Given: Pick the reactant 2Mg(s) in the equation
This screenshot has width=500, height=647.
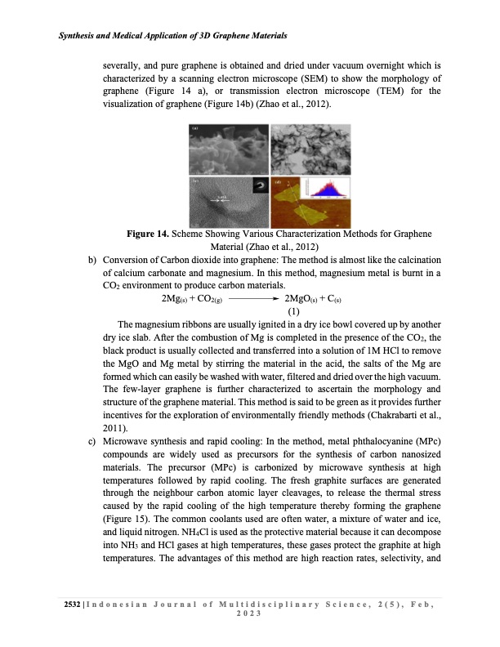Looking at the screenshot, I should (180, 299).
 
